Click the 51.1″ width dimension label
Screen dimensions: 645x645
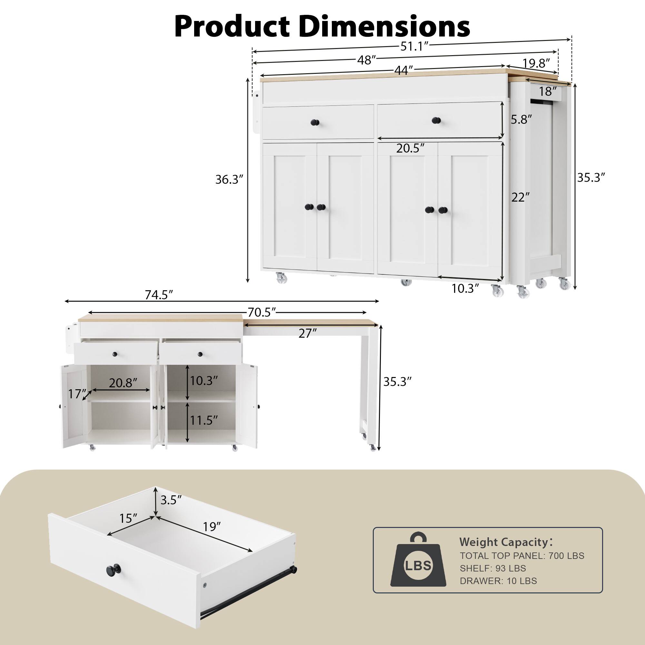point(414,47)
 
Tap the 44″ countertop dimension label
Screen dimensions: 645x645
point(403,71)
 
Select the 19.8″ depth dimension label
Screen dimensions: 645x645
point(536,63)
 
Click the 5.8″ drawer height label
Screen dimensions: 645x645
point(521,120)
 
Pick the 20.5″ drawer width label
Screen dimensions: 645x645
point(410,148)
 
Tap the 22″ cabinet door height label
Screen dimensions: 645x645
point(521,198)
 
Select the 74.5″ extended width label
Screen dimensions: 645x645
point(159,295)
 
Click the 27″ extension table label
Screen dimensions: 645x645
point(307,333)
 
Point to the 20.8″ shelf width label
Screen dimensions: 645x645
point(123,383)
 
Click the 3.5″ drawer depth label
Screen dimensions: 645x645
point(171,500)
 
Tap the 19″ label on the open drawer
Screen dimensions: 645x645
point(212,527)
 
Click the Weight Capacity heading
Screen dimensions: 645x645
point(504,542)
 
